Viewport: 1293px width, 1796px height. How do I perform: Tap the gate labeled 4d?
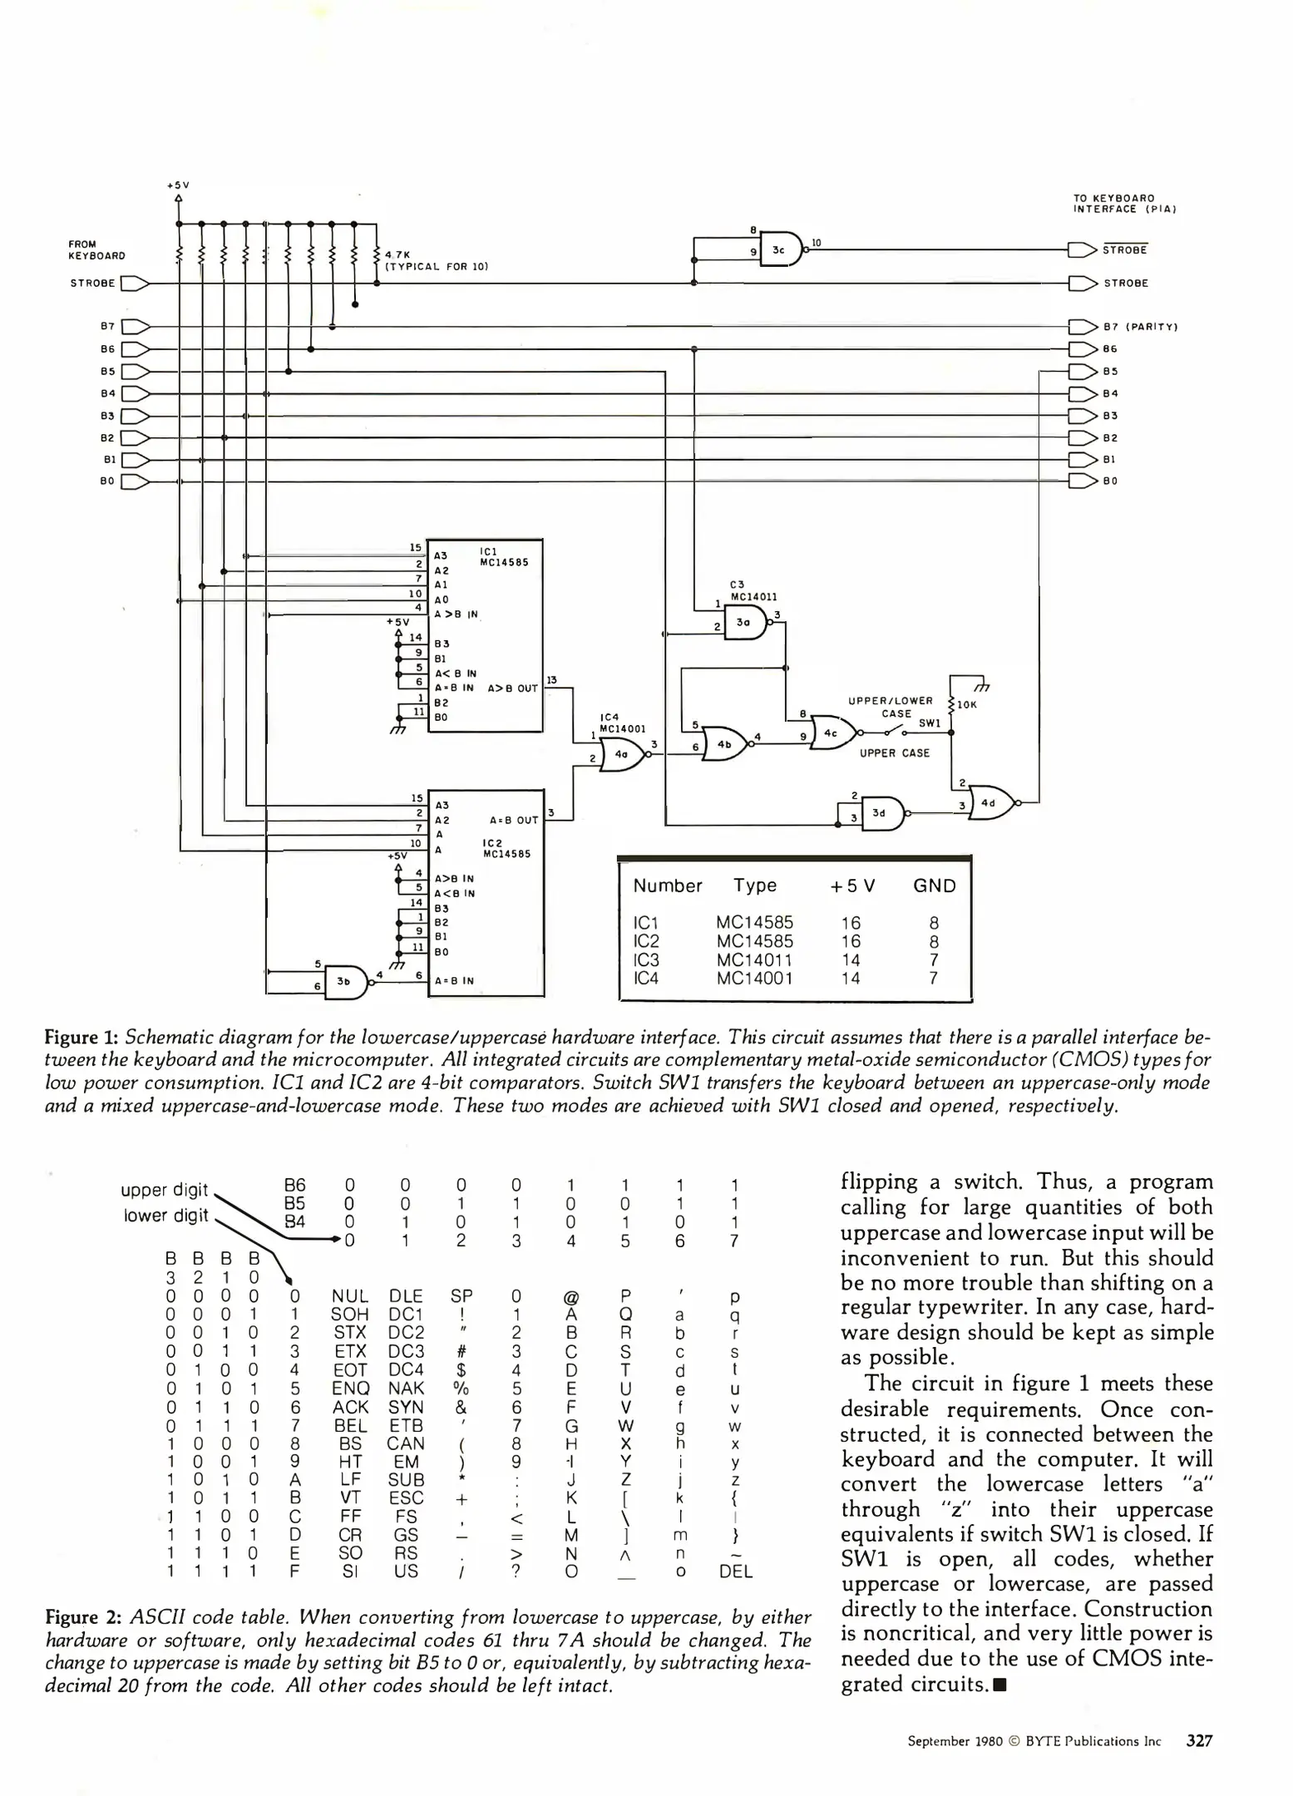(989, 802)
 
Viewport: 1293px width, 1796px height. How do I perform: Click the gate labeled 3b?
(344, 981)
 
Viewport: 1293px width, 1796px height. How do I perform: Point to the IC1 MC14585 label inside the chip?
(505, 556)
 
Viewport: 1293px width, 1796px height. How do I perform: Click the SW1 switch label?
(929, 723)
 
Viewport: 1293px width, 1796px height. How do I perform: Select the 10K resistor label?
(966, 704)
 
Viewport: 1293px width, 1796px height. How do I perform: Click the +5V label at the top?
(178, 185)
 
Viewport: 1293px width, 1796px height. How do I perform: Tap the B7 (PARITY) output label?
(1140, 327)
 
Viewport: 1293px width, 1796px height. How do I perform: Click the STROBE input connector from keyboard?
(135, 284)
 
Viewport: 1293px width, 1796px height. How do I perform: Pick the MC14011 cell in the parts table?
(753, 960)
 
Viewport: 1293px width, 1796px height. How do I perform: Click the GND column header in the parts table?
(934, 886)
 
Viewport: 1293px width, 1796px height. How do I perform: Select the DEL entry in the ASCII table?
(735, 1571)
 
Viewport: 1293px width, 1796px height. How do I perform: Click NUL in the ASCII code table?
(349, 1296)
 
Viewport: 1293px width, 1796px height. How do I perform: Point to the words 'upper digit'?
(164, 1189)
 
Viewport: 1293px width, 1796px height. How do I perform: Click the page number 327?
(1198, 1740)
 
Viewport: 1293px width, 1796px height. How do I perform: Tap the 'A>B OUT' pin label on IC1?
(512, 688)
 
